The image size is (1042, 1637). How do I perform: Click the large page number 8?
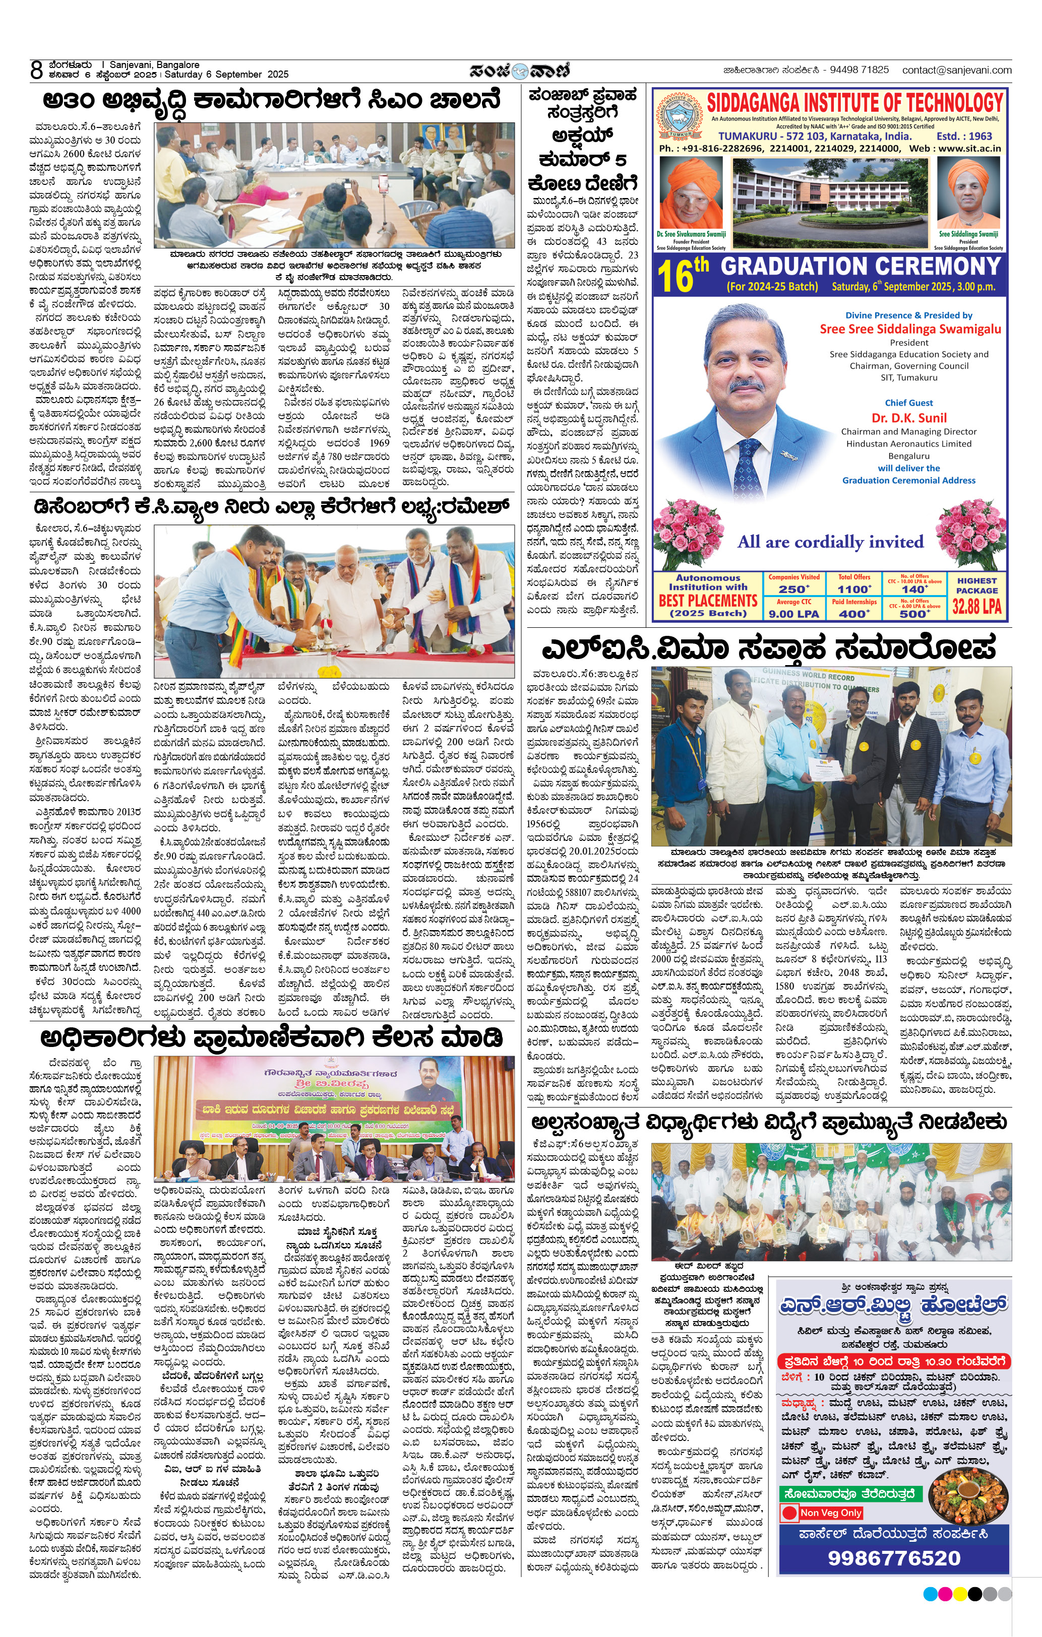click(37, 70)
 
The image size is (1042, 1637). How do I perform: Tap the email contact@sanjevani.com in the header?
click(956, 70)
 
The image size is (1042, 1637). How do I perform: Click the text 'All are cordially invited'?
click(830, 542)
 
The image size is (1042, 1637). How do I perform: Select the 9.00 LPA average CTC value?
click(794, 613)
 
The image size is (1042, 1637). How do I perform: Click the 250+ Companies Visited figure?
click(794, 588)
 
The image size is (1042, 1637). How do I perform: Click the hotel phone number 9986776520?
click(894, 1558)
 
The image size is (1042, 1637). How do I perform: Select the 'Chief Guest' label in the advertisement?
click(909, 403)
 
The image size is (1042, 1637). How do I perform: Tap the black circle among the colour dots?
click(974, 1594)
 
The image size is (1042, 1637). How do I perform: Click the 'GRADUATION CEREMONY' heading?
click(862, 267)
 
